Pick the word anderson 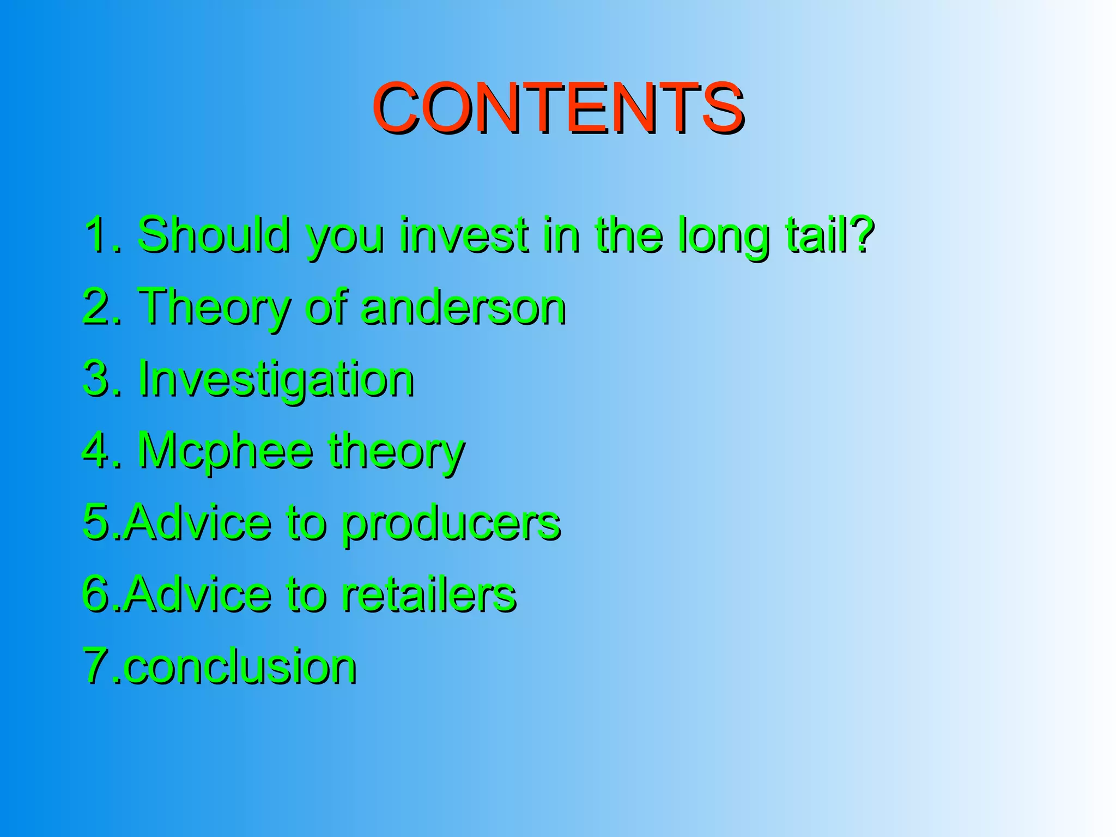pos(464,307)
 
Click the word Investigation pos(276,380)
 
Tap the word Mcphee pos(225,452)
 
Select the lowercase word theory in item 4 pos(396,452)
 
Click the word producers pos(452,524)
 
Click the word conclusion pos(240,666)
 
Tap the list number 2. pos(97,307)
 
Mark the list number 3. pos(97,379)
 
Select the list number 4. pos(97,451)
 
